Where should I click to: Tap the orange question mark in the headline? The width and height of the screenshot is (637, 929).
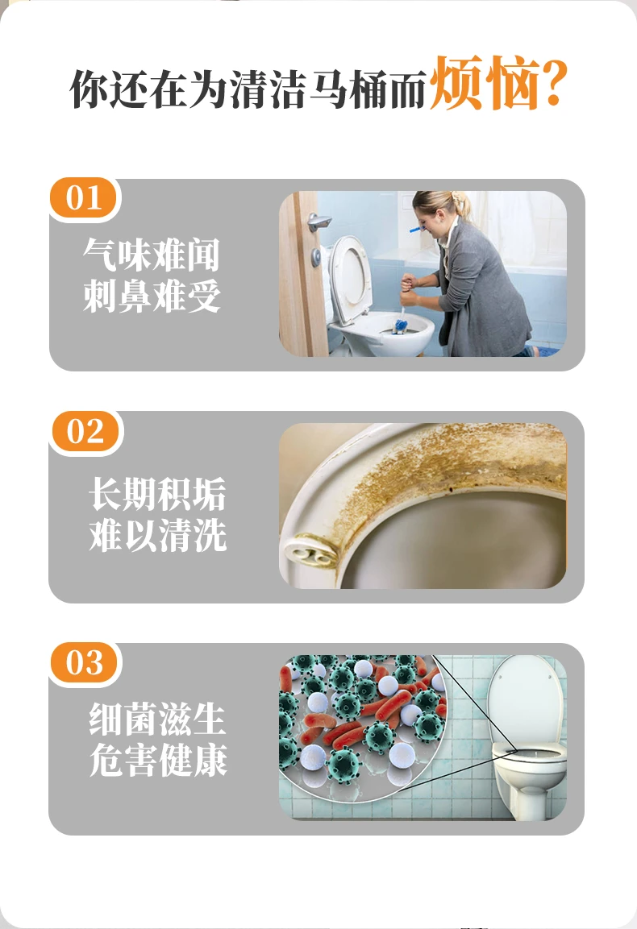(554, 84)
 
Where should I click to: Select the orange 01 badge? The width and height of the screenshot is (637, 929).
(84, 198)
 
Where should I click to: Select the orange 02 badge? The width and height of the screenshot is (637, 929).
(85, 431)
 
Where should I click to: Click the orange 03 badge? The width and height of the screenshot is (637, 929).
(85, 662)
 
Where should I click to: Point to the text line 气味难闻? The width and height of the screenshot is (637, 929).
(152, 255)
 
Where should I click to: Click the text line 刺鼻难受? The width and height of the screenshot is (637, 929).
(152, 296)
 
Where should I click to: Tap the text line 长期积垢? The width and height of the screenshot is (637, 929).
(158, 494)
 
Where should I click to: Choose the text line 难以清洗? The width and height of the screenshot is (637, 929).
(158, 535)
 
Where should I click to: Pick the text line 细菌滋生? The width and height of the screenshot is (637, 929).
(158, 719)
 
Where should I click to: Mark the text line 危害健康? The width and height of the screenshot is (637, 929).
(158, 760)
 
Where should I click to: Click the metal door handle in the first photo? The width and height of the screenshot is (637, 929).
(318, 222)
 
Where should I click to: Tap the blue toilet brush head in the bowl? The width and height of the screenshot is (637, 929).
(401, 326)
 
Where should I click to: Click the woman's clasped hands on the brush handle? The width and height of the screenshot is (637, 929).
(410, 287)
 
